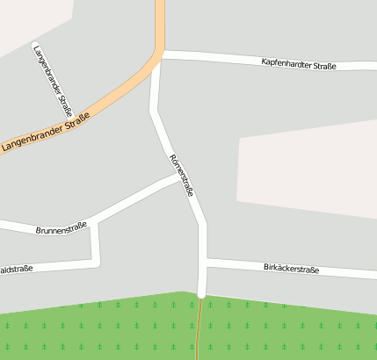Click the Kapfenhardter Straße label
point(299,63)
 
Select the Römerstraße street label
point(181,174)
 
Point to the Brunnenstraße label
point(62,229)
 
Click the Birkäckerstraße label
point(291,269)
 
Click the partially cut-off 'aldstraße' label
point(16,269)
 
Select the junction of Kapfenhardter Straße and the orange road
point(160,55)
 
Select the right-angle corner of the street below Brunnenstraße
point(95,261)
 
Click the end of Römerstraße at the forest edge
point(202,295)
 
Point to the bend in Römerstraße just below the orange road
point(154,111)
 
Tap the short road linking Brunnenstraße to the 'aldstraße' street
point(94,241)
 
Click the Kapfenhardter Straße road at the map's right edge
point(371,66)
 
